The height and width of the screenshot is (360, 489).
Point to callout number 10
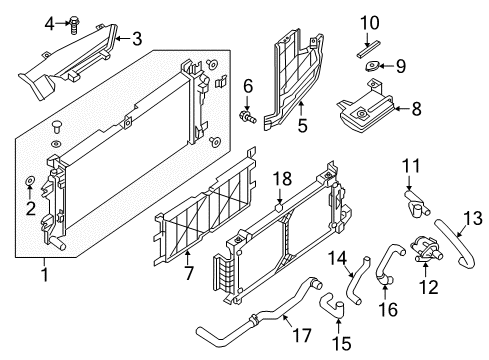370,22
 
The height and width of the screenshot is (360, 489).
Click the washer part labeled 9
372,66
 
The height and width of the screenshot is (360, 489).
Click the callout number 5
303,126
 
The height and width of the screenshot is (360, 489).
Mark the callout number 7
187,271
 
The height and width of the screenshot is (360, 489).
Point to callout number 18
284,178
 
